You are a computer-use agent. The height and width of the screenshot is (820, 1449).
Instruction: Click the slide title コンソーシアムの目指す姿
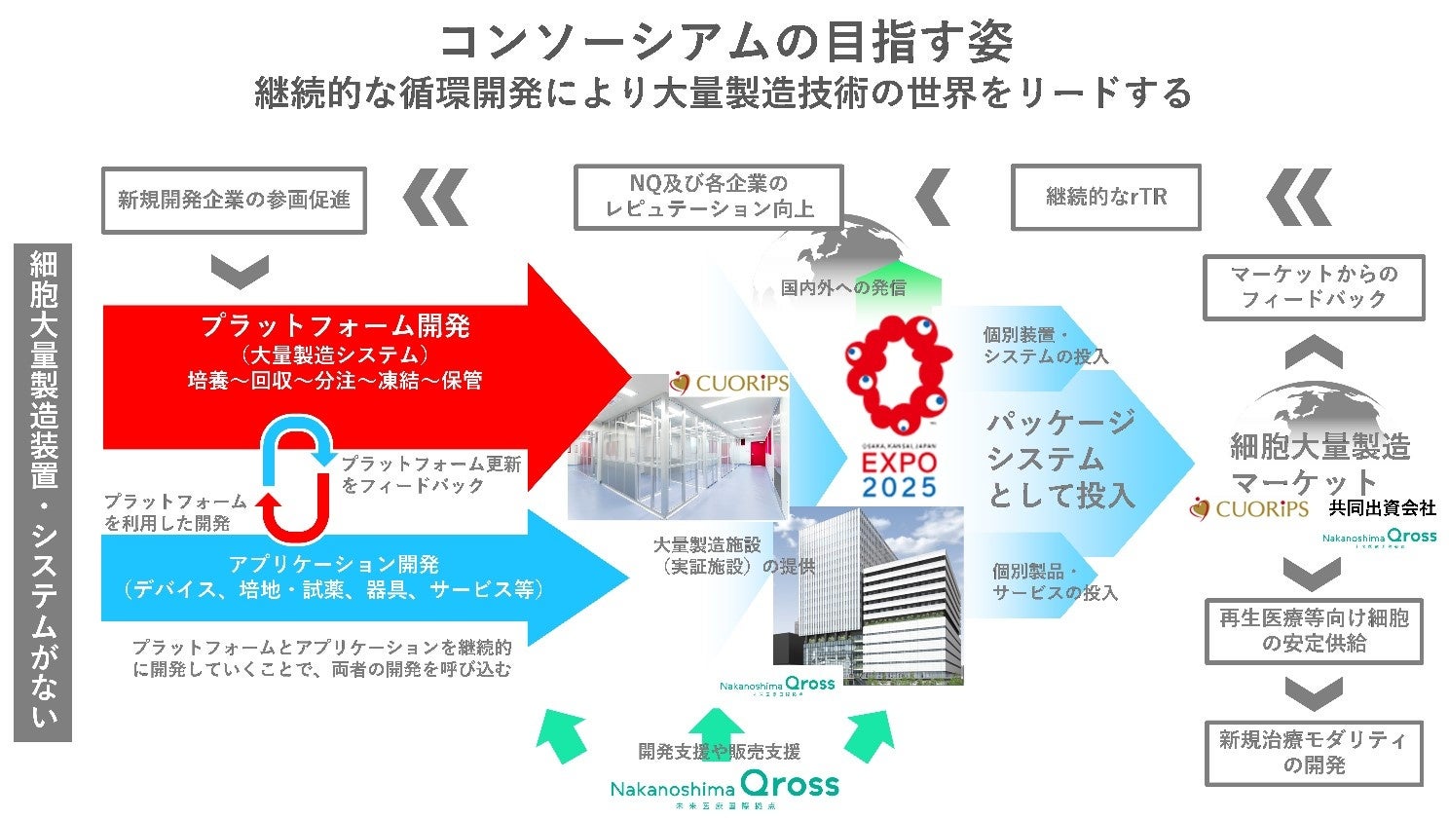coord(724,41)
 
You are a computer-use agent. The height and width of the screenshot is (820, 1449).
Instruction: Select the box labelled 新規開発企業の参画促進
coord(234,201)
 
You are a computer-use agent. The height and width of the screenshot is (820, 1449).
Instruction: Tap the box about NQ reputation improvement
coord(708,197)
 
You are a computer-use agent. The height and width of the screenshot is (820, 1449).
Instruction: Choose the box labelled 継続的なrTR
coord(1105,197)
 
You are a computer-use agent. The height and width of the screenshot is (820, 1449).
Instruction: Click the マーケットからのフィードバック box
coord(1314,287)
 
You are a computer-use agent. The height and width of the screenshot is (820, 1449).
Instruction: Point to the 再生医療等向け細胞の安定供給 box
coord(1314,631)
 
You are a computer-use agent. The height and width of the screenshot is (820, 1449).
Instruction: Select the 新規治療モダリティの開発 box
coord(1314,753)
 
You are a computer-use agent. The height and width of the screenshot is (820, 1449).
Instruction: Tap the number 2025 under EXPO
coord(899,487)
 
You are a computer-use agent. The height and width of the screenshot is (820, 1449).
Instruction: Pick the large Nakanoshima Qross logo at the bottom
coord(724,786)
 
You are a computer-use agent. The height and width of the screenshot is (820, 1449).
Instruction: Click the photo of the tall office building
coord(867,594)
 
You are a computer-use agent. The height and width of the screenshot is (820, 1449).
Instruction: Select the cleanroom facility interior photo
coord(678,458)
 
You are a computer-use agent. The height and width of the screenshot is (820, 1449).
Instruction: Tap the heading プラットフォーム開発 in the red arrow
coord(336,325)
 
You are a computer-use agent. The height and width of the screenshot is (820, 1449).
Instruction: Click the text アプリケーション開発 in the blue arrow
coord(334,564)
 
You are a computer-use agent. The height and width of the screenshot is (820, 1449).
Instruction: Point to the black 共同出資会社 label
coord(1382,507)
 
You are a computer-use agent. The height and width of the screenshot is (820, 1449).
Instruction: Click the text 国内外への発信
coord(843,287)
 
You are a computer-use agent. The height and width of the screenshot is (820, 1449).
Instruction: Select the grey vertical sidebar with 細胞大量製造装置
coord(43,492)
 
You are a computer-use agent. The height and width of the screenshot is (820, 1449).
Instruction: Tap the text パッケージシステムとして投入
coord(1060,459)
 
